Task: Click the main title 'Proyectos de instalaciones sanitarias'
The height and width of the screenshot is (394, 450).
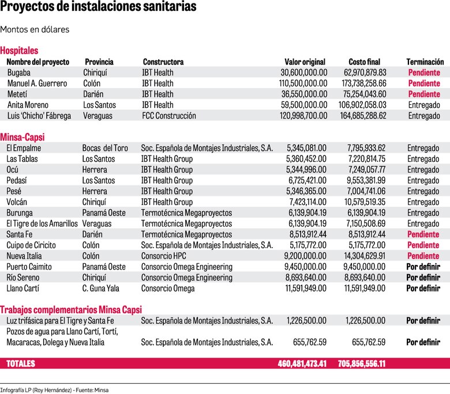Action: (x=98, y=7)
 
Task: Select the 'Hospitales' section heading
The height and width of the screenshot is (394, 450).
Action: (x=19, y=51)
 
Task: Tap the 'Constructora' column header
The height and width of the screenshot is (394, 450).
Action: (x=163, y=62)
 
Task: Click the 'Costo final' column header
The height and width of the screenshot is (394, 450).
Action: (x=367, y=62)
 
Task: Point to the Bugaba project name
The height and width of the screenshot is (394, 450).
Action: (x=19, y=73)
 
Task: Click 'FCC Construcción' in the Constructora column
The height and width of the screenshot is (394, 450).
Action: (x=169, y=116)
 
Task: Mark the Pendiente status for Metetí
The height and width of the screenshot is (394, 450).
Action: (x=424, y=94)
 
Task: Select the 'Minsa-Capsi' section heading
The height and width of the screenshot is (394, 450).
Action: (x=22, y=137)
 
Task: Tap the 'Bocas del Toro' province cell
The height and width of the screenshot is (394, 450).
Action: (x=105, y=148)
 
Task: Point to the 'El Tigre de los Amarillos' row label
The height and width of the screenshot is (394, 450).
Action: (x=42, y=223)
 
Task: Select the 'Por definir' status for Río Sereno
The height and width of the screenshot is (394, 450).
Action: (x=423, y=278)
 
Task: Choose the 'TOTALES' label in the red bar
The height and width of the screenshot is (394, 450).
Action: (x=21, y=364)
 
